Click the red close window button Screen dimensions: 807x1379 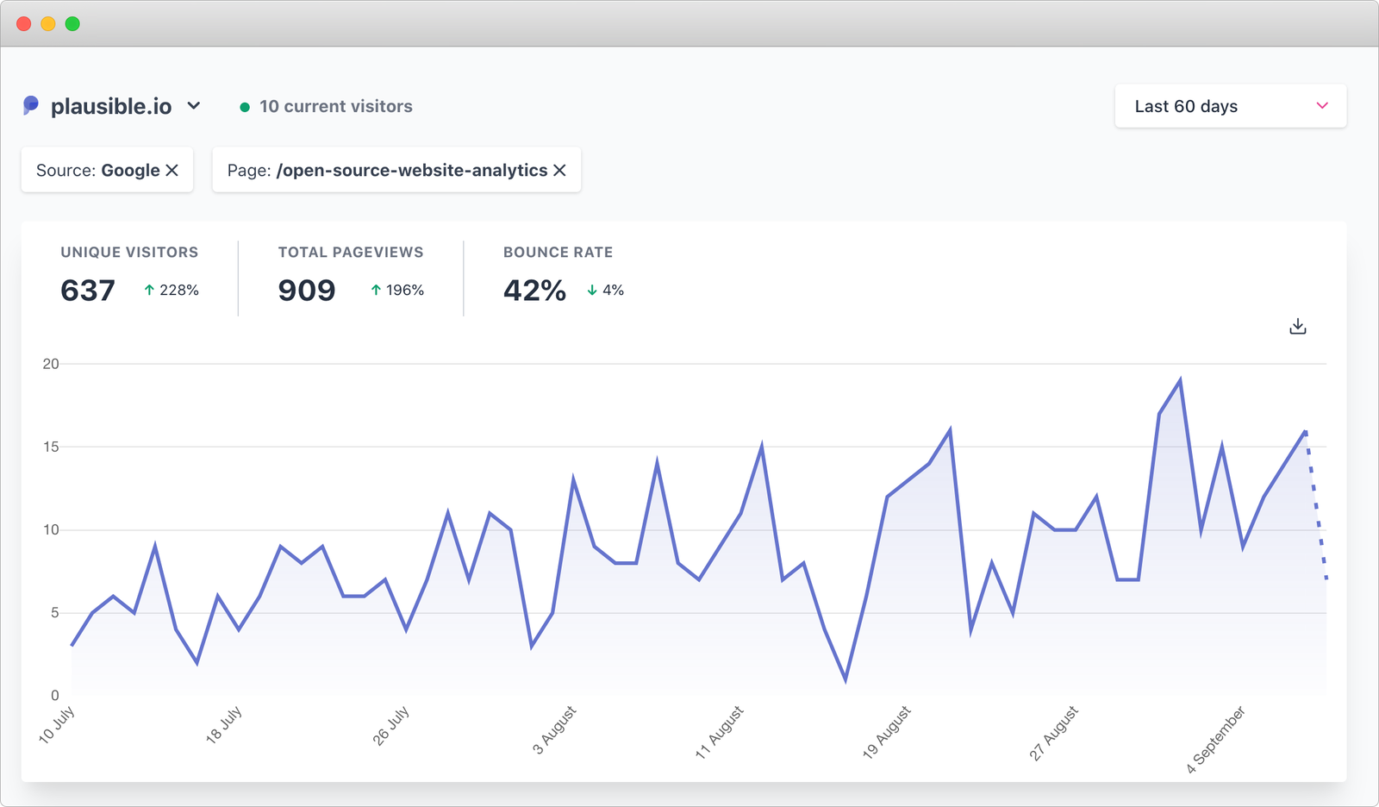click(24, 24)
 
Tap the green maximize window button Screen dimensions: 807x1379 click(72, 24)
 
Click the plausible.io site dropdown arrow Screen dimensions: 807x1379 click(194, 106)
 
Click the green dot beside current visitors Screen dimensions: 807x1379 click(245, 107)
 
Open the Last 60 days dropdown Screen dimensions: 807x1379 click(1230, 106)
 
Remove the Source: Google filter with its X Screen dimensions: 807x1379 click(172, 171)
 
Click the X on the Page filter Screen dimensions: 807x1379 click(559, 171)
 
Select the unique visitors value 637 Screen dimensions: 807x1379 click(87, 291)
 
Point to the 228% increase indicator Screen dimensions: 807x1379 click(172, 291)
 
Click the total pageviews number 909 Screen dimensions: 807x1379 click(307, 291)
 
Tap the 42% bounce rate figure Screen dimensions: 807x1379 click(534, 291)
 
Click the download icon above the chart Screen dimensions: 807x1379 click(1298, 327)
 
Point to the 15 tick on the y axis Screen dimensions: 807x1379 click(51, 447)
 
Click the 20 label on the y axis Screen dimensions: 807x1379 click(51, 364)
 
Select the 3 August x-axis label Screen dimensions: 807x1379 click(554, 730)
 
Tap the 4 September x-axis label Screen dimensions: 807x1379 click(1216, 739)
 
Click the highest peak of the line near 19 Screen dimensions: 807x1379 click(1180, 380)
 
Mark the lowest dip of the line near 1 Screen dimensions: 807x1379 click(845, 679)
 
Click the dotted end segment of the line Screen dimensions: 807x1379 click(1316, 504)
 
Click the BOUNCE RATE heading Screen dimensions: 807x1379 click(558, 253)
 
